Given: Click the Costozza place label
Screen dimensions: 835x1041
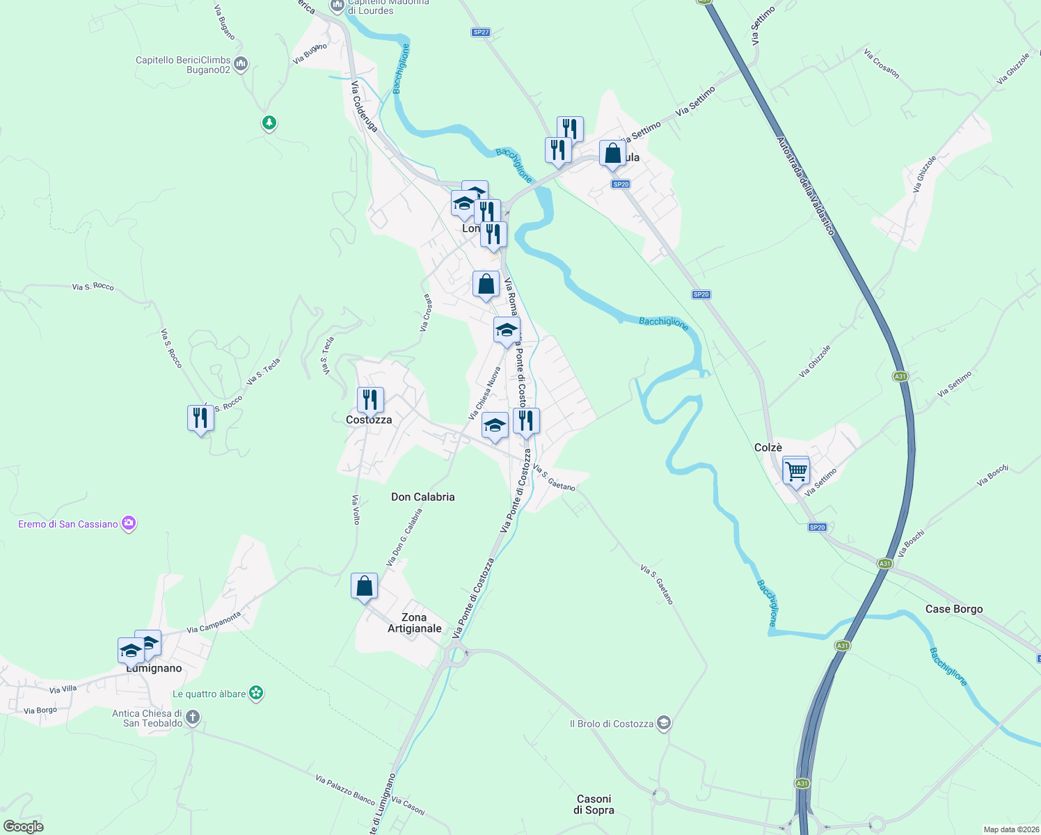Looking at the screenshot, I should (369, 420).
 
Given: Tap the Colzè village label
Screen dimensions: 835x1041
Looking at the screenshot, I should (768, 448).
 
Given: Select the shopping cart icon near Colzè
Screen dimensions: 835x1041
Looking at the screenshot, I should (795, 470).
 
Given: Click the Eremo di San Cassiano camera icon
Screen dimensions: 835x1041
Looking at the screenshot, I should (129, 524).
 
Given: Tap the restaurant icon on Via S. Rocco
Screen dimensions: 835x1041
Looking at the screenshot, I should (200, 418).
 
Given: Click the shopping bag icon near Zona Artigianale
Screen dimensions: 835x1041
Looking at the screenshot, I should (364, 587).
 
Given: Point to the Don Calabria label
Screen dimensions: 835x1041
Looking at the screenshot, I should (423, 497).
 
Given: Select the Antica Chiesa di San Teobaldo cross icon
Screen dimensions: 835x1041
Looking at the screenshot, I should (193, 717).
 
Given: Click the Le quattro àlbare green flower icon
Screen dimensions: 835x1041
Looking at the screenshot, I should (257, 693).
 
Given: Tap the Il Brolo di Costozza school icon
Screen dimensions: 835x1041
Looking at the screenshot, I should (664, 724).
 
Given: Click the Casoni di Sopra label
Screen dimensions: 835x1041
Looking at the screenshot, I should (594, 804).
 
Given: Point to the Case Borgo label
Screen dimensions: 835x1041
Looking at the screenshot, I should (954, 609).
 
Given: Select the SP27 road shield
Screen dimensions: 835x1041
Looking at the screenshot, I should (481, 32).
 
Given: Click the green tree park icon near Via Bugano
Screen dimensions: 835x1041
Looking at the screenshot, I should (269, 123).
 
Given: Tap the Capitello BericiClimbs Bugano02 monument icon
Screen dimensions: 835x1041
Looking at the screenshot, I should (241, 65).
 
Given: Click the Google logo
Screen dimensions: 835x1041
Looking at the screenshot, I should (23, 827).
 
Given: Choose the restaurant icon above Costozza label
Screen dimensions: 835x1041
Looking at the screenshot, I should (370, 400).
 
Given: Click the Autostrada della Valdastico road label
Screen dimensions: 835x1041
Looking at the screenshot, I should (805, 186).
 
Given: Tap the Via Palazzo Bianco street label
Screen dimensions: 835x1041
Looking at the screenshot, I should (345, 789).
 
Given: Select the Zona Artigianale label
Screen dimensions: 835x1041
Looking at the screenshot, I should (414, 623).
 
